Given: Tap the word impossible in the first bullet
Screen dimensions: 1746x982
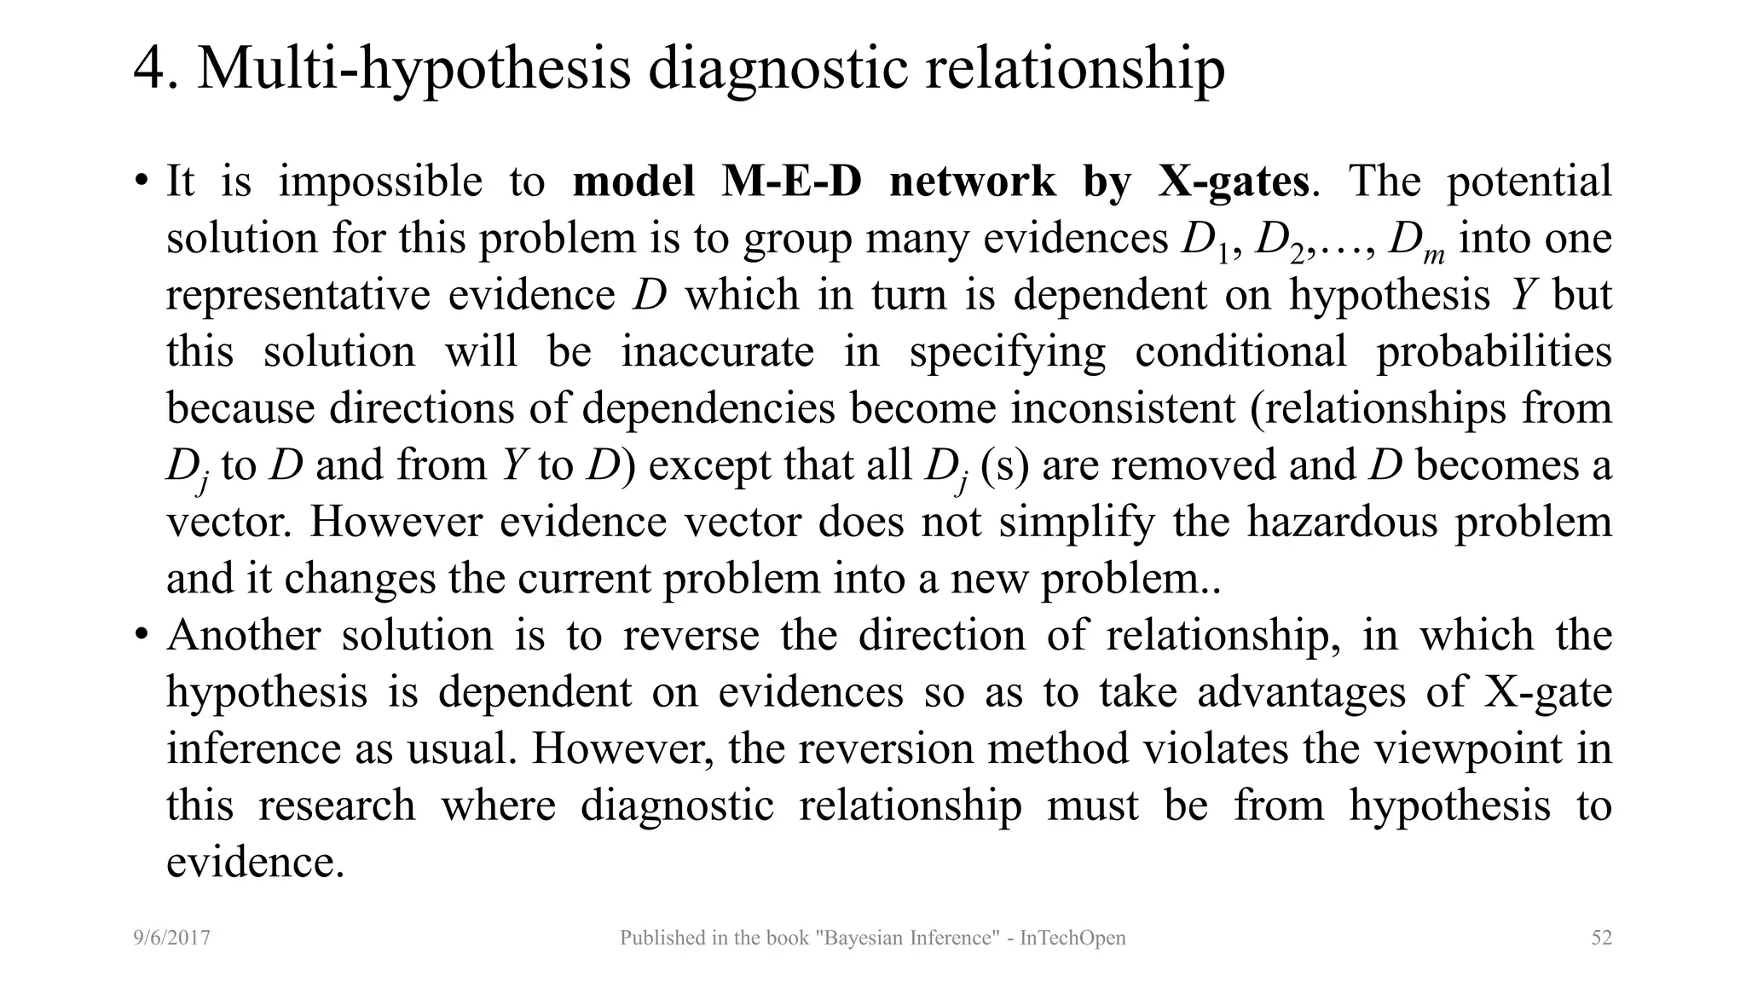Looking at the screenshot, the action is (380, 182).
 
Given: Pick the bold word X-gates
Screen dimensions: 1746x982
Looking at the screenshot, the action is (1233, 182).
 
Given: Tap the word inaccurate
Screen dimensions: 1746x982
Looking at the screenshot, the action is (717, 351).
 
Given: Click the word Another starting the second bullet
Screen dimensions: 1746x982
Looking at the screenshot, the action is (244, 635).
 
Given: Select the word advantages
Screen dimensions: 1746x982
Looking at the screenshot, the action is (1301, 691).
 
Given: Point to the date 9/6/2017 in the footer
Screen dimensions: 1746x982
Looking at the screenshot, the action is (172, 939).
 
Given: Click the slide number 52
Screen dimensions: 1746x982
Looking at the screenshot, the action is (1601, 939).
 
